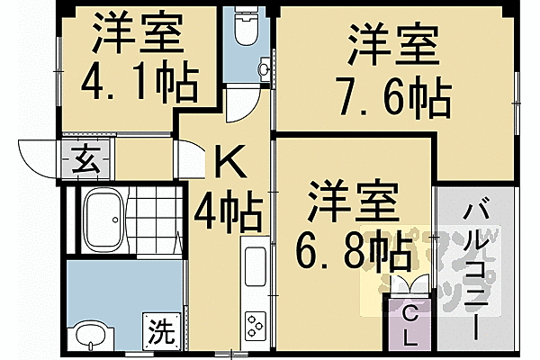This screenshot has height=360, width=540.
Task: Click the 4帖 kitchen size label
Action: (x=229, y=215)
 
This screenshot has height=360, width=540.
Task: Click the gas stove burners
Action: (x=255, y=322)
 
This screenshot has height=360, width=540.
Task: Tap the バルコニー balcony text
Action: (x=478, y=270)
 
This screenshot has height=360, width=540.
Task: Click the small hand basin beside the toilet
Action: (x=264, y=68)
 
